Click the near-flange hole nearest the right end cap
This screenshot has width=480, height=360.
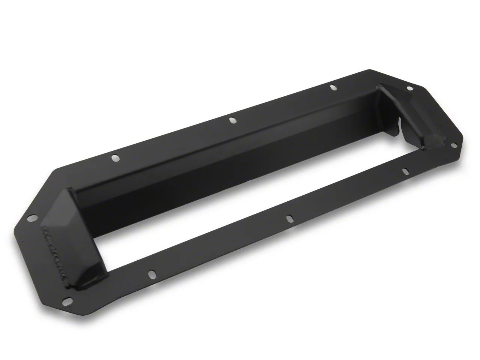coord(405,171)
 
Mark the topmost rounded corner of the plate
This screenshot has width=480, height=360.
coord(369,70)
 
